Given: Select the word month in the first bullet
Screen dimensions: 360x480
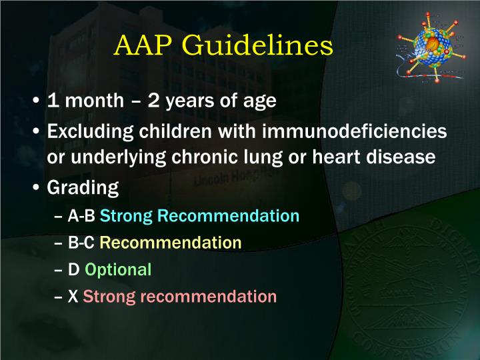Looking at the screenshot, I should [x=95, y=101].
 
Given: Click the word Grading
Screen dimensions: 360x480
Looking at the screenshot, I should [x=83, y=188].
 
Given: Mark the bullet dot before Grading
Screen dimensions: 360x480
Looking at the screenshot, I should [x=37, y=187].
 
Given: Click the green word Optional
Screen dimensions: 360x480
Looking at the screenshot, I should [x=118, y=269].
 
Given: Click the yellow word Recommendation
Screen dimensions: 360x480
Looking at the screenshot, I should [x=171, y=243].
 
